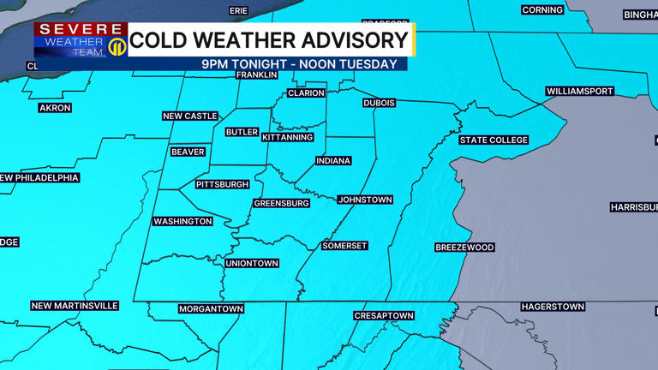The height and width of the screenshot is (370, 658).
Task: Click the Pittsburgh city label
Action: tap(223, 184)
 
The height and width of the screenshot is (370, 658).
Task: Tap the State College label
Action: tap(493, 140)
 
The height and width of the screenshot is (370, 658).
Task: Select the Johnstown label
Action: tap(365, 200)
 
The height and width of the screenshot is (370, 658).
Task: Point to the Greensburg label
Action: tap(282, 203)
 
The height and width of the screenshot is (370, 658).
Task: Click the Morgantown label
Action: tap(211, 308)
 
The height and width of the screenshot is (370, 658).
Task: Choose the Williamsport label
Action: tap(580, 91)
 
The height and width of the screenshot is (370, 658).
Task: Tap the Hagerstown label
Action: tap(553, 306)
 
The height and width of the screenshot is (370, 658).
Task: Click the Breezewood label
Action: tap(464, 248)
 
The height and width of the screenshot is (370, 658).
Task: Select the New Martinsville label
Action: tap(75, 306)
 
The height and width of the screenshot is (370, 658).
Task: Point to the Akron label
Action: tap(55, 108)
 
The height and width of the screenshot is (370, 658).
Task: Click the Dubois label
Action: tap(380, 103)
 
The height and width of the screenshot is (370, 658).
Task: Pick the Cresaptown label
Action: tap(384, 316)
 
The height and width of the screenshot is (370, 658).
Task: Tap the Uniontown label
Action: tap(252, 263)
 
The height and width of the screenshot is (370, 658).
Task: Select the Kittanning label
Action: tap(288, 137)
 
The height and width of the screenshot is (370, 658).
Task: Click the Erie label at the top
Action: tap(239, 10)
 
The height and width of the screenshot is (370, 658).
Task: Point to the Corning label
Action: tap(542, 10)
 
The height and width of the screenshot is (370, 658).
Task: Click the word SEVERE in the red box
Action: tap(81, 30)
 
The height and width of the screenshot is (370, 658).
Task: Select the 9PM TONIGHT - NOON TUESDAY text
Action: tap(299, 64)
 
